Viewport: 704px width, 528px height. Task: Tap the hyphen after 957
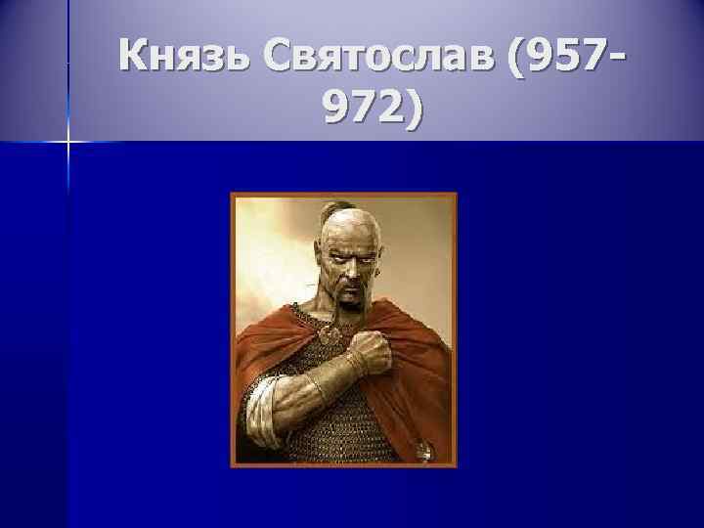coord(618,59)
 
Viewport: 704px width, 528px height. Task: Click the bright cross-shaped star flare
coord(68,143)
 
